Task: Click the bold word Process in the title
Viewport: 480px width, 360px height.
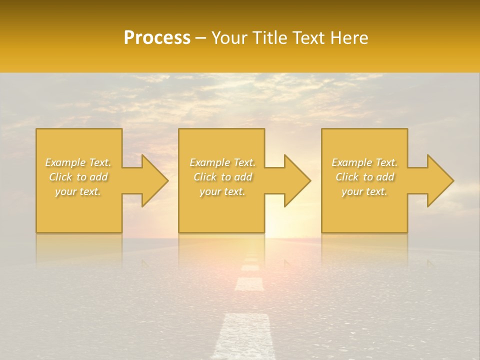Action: (x=157, y=38)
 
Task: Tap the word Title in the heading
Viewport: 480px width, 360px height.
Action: (x=270, y=38)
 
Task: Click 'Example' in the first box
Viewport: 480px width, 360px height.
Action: (x=65, y=162)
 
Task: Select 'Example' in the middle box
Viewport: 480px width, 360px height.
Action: (x=210, y=162)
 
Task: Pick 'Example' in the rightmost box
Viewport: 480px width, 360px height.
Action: (x=352, y=162)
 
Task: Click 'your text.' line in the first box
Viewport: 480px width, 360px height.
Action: (x=78, y=191)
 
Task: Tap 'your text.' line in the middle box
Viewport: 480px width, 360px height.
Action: (x=222, y=191)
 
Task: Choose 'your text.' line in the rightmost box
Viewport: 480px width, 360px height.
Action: (x=364, y=191)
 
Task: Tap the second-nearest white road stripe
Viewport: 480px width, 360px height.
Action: (x=249, y=284)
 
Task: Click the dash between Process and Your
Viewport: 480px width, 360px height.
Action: (x=200, y=38)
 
